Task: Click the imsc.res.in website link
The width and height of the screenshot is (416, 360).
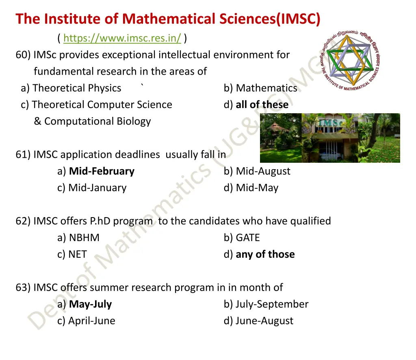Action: click(122, 39)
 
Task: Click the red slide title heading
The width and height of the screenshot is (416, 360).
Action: click(168, 19)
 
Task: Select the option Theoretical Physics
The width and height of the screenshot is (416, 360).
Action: click(77, 88)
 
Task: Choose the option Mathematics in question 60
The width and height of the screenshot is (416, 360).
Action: click(266, 88)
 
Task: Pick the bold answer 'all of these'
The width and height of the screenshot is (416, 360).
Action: click(262, 105)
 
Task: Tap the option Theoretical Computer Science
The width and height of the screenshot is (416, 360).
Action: click(102, 105)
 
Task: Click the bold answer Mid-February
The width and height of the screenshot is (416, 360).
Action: click(102, 171)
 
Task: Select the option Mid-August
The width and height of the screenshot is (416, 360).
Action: click(263, 171)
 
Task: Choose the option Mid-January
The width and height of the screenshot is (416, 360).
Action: click(97, 188)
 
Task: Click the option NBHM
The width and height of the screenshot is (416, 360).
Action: click(84, 238)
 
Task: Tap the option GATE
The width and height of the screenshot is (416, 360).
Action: click(247, 238)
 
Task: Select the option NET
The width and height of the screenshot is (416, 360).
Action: click(78, 254)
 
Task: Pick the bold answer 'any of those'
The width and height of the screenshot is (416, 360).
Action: click(265, 254)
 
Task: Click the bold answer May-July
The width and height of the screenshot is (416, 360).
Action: click(90, 304)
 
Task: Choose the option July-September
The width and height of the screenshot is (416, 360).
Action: click(272, 304)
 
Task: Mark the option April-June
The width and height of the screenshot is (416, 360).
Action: click(91, 321)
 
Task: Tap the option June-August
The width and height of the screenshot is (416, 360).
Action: click(264, 321)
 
